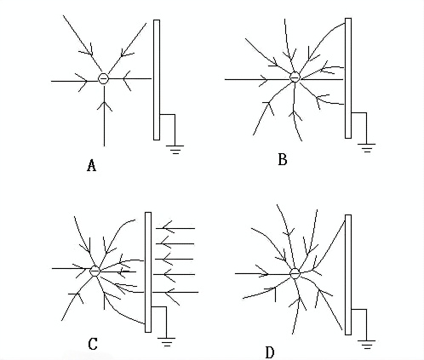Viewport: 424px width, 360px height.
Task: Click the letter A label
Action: (91, 165)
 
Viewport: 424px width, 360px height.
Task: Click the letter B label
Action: (283, 159)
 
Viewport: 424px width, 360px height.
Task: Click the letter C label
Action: (93, 344)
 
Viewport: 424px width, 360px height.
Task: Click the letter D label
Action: (270, 353)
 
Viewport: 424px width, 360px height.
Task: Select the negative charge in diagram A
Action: (103, 78)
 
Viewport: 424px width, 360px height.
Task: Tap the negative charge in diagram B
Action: (295, 77)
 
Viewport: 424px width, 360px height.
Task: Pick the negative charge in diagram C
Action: (95, 271)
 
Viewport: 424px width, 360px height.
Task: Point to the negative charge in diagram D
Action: (295, 273)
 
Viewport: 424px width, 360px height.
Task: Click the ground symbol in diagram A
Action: (175, 149)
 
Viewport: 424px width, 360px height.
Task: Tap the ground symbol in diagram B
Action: (366, 148)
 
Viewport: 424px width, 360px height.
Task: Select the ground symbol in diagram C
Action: (166, 342)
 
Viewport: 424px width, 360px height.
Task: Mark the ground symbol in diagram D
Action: (366, 344)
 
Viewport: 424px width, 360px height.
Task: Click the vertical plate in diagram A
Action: (157, 80)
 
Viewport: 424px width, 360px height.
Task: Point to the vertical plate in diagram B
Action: (348, 78)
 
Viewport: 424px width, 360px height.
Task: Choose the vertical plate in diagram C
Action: (148, 272)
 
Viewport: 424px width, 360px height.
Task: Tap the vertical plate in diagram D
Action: (348, 275)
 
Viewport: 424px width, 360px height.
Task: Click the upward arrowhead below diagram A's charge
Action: (105, 105)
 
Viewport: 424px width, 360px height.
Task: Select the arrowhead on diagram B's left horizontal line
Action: (263, 79)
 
